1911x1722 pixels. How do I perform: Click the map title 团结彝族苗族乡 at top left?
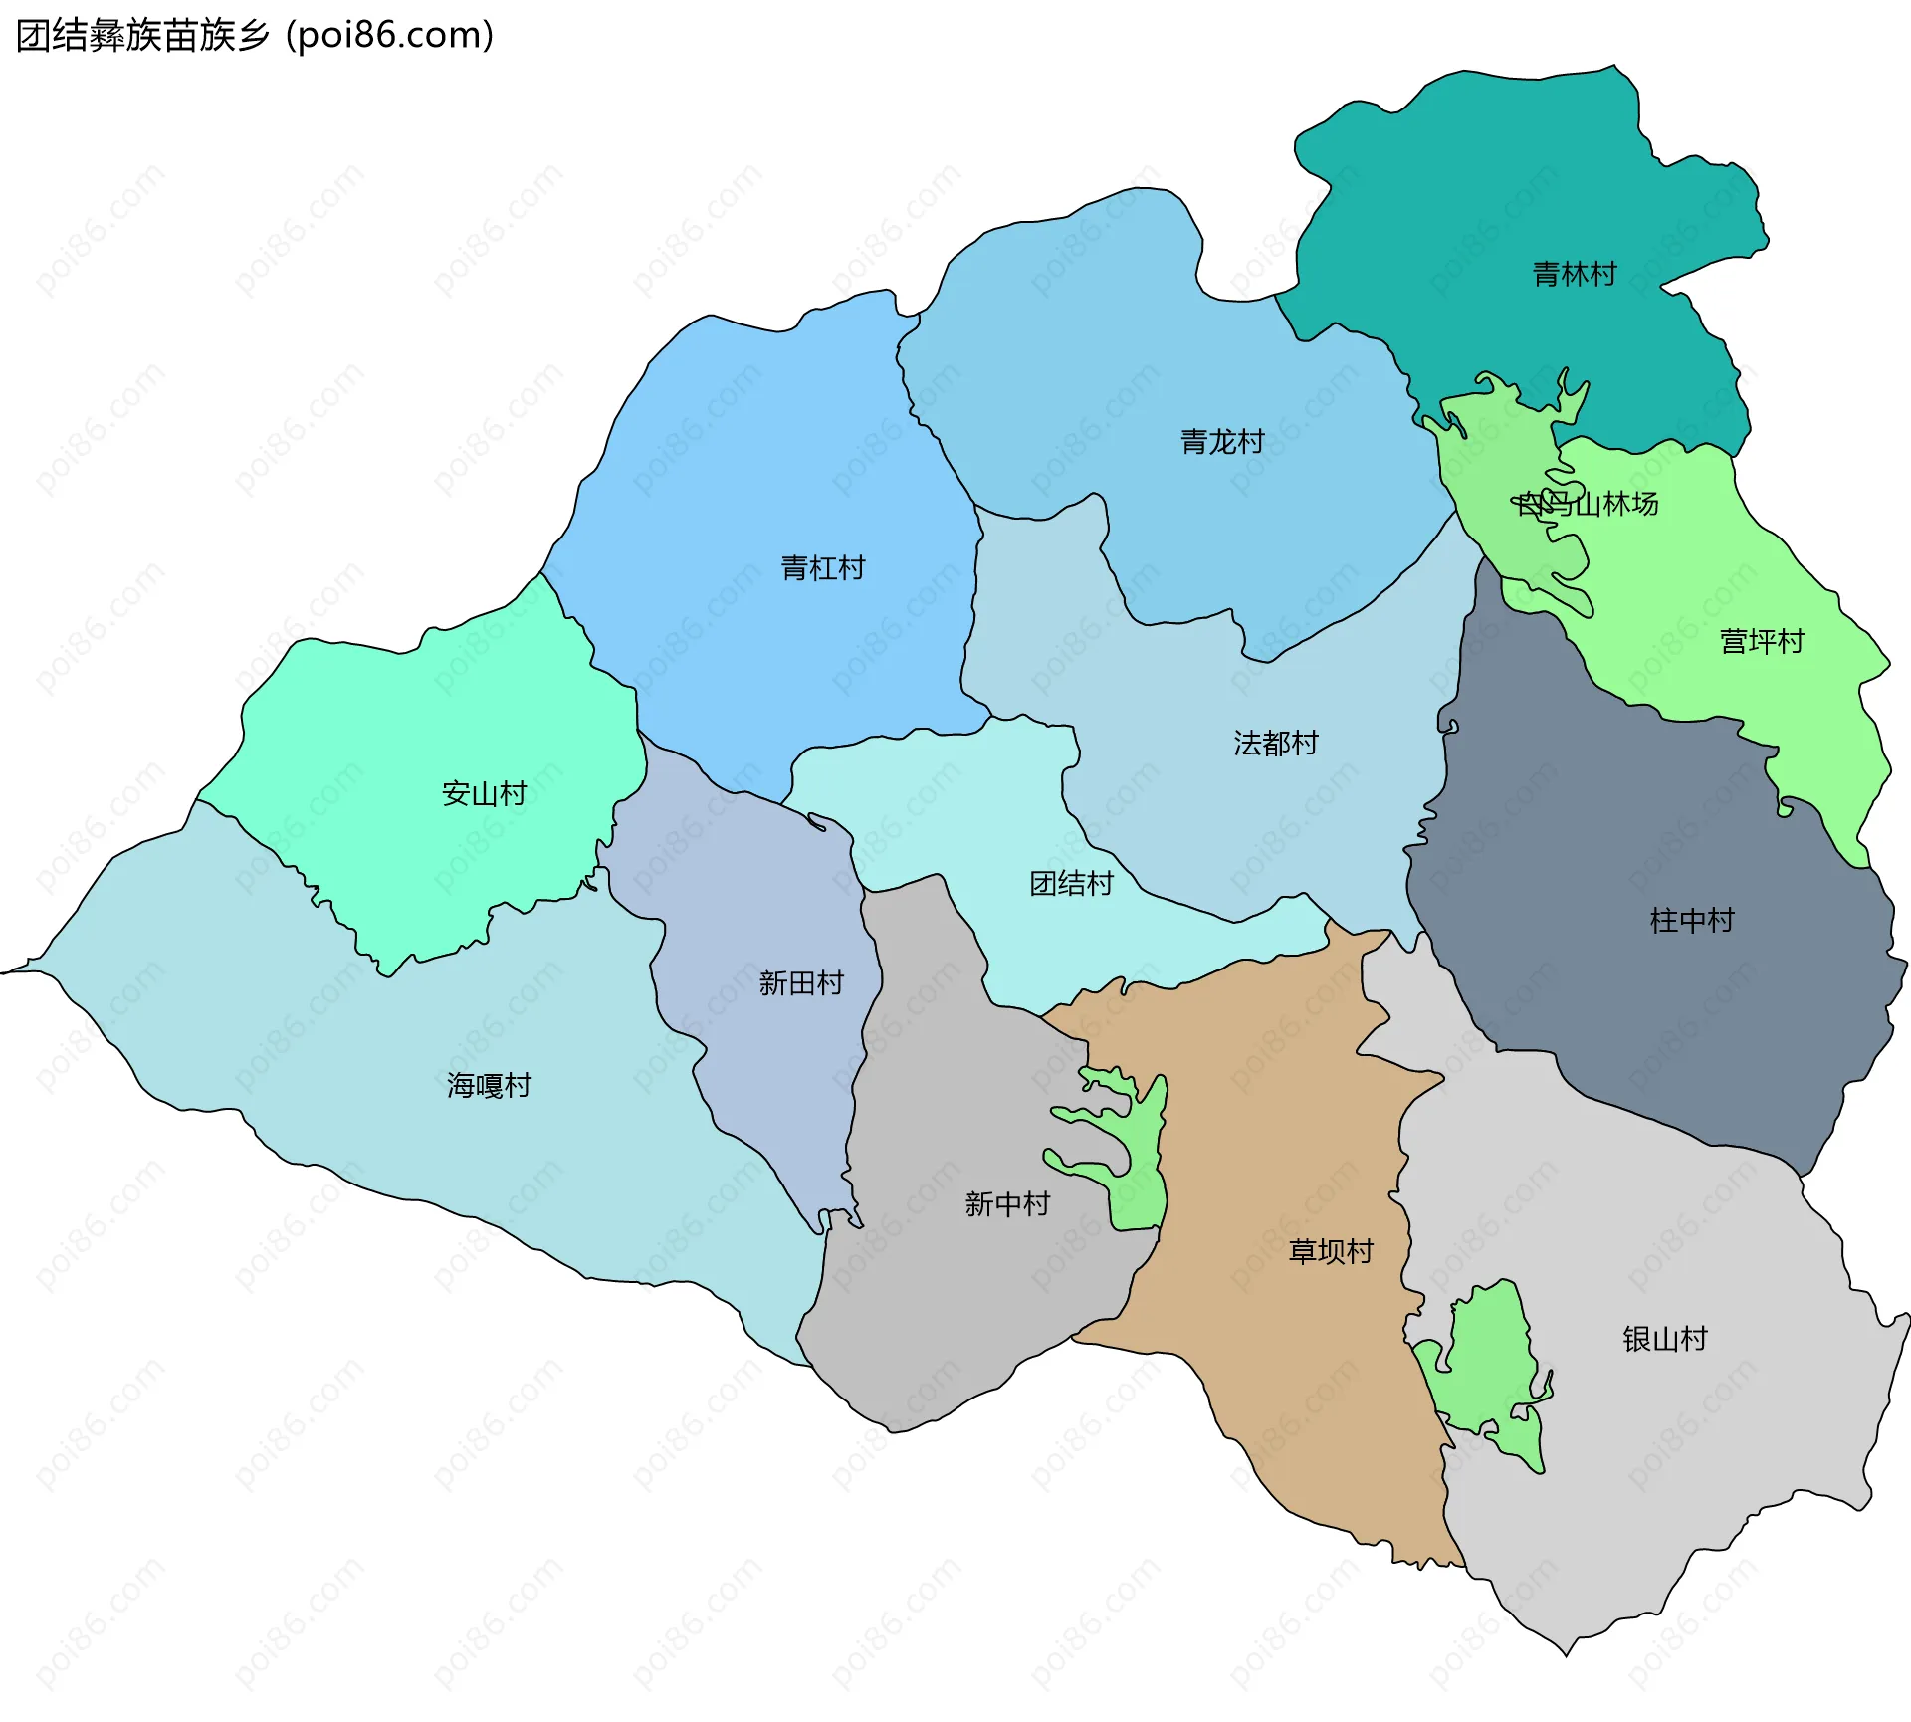click(x=142, y=36)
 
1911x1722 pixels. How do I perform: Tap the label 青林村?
click(x=1575, y=274)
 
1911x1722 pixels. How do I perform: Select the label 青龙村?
click(x=1222, y=441)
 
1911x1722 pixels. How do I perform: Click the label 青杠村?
click(x=823, y=568)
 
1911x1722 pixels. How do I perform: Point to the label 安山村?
click(x=484, y=793)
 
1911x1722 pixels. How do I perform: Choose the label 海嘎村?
click(x=489, y=1085)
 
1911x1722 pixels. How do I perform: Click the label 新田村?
click(x=801, y=983)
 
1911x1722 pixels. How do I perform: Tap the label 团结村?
click(x=1071, y=884)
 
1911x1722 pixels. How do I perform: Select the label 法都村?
click(x=1276, y=743)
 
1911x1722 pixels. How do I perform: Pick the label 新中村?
click(x=1007, y=1204)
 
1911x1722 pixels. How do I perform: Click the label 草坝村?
click(x=1331, y=1251)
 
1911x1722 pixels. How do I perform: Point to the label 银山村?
click(x=1665, y=1339)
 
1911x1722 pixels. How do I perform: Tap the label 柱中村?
click(x=1692, y=920)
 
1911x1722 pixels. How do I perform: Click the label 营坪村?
click(x=1762, y=641)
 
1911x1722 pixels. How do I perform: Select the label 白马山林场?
click(x=1588, y=504)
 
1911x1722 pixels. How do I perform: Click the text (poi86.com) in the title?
click(x=390, y=36)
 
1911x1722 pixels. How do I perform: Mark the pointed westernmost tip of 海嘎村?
click(x=4, y=971)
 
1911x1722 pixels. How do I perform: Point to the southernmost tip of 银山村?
click(x=1566, y=1654)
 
